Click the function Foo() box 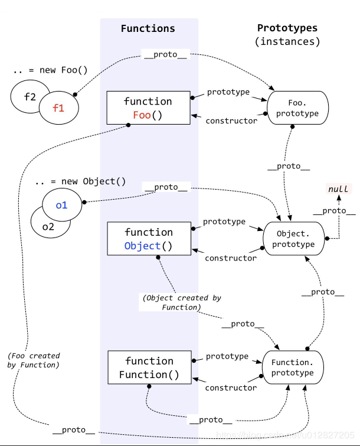148,108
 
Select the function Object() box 148,239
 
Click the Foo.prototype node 297,108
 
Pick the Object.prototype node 293,239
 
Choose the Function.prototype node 293,367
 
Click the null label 339,189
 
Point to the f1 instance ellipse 58,108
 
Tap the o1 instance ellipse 62,206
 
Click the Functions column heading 148,28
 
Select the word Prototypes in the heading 287,28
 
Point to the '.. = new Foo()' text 50,70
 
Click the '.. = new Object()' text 80,181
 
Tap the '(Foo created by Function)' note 34,360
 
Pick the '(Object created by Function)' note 181,302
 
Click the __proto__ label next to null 334,211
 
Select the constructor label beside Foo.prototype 231,121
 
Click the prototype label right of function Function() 227,356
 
